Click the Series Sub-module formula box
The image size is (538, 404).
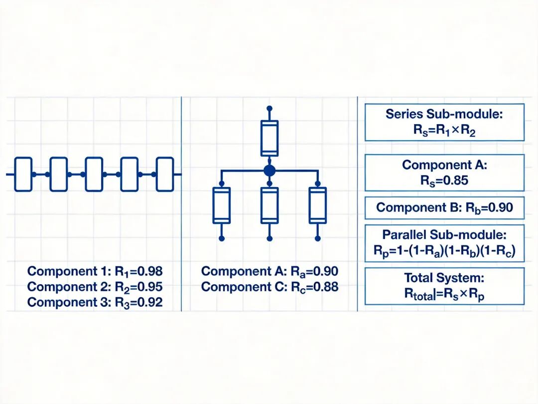(x=444, y=122)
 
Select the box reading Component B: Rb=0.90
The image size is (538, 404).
(x=444, y=207)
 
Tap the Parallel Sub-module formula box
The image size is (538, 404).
(x=444, y=244)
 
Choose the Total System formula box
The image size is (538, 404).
(x=444, y=286)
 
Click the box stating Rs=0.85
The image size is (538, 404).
(x=444, y=173)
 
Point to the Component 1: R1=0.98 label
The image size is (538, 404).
(x=95, y=271)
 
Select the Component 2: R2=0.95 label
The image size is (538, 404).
(x=95, y=287)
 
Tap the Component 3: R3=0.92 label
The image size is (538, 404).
(x=95, y=302)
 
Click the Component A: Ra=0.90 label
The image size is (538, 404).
(x=269, y=271)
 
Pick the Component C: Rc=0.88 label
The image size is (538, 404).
(x=269, y=287)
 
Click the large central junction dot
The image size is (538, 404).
(x=269, y=171)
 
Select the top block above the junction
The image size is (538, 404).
(x=269, y=138)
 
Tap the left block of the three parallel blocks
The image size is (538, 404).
(x=222, y=205)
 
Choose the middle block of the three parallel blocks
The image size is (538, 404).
(x=269, y=205)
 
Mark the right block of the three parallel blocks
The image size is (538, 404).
(x=317, y=205)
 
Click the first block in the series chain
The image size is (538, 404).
(x=23, y=174)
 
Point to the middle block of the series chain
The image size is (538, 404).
(x=94, y=174)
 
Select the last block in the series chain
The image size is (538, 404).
(x=165, y=174)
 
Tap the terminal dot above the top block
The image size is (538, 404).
(x=269, y=108)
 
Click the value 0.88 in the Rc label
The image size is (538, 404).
(x=325, y=287)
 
